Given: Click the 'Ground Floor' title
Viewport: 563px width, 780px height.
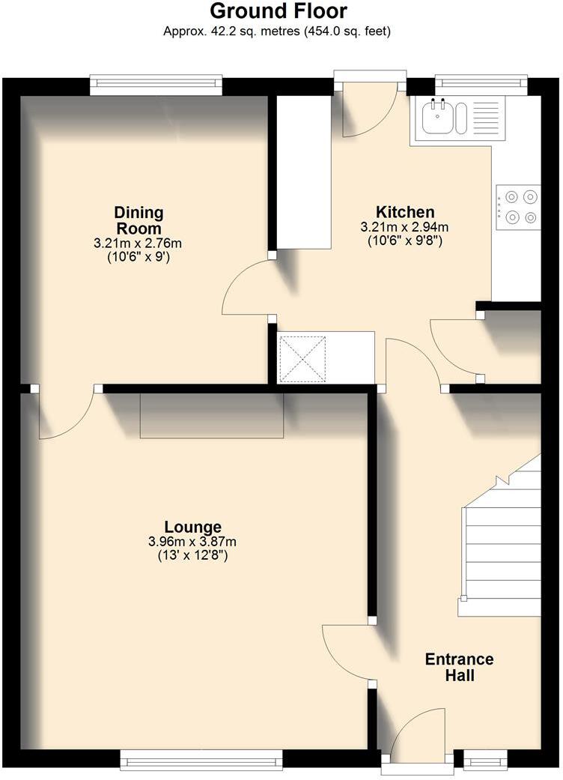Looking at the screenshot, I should click(278, 11).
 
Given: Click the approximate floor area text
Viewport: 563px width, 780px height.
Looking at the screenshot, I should click(278, 31).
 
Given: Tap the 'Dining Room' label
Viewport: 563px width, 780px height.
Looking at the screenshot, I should click(138, 220).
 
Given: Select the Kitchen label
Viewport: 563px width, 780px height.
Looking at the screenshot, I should click(405, 212).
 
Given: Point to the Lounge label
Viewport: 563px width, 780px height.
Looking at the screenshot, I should click(193, 527).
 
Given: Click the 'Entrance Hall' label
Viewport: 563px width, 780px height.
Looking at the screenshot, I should click(459, 667).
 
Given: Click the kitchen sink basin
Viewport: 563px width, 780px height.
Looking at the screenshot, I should click(437, 118).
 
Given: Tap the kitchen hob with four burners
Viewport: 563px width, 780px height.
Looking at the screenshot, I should click(521, 208).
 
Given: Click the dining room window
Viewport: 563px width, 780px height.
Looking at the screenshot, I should click(156, 85).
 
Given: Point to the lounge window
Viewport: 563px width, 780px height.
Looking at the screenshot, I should click(201, 759).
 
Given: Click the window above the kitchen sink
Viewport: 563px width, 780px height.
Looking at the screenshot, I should click(481, 85).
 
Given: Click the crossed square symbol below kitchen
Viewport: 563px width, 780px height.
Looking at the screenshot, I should click(303, 359).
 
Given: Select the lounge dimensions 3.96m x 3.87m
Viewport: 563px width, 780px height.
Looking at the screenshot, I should click(193, 542).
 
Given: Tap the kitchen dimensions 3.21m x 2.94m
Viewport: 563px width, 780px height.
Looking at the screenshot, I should click(405, 227).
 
